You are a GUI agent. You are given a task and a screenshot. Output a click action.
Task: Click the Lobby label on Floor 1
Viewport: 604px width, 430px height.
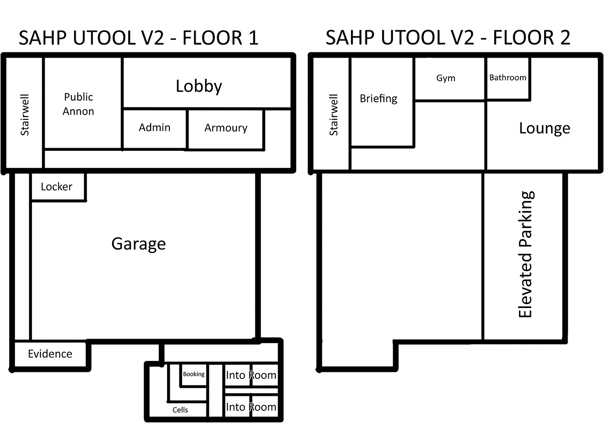pyautogui.click(x=199, y=86)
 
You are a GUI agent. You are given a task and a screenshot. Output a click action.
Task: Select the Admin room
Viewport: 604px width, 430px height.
pyautogui.click(x=155, y=128)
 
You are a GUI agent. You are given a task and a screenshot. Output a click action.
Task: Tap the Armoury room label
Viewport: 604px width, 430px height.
pyautogui.click(x=226, y=128)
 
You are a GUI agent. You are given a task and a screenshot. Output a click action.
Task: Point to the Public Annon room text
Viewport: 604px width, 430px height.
pyautogui.click(x=78, y=104)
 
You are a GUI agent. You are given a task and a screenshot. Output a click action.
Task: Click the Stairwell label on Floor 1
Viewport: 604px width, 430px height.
pyautogui.click(x=25, y=114)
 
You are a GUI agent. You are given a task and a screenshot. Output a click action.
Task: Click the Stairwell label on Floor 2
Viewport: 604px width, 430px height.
pyautogui.click(x=334, y=114)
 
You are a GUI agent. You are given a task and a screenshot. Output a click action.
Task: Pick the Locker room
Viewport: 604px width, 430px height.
pyautogui.click(x=56, y=187)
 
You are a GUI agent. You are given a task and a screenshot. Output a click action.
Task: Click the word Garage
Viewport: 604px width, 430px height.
pyautogui.click(x=138, y=244)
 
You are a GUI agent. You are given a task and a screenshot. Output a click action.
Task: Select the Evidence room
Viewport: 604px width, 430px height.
pyautogui.click(x=50, y=354)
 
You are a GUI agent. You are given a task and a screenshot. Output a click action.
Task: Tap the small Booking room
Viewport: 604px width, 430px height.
pyautogui.click(x=193, y=375)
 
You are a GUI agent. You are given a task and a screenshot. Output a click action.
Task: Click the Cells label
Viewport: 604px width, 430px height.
pyautogui.click(x=180, y=410)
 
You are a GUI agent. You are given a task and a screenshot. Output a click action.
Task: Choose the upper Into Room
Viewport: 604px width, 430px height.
pyautogui.click(x=251, y=375)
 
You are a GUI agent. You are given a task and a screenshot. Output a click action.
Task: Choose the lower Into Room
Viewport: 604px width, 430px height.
pyautogui.click(x=251, y=407)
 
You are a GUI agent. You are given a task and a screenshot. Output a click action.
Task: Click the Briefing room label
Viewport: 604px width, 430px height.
pyautogui.click(x=379, y=99)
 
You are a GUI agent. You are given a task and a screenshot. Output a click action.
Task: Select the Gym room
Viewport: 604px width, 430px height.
pyautogui.click(x=446, y=78)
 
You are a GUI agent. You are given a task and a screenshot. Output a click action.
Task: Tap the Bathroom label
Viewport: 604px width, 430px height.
pyautogui.click(x=508, y=78)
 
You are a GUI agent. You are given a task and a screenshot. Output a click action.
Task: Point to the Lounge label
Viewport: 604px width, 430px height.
pyautogui.click(x=544, y=128)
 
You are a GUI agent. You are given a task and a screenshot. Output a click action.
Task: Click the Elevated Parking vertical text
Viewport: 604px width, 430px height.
pyautogui.click(x=525, y=254)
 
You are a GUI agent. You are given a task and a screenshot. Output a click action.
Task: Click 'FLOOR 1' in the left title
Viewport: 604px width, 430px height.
pyautogui.click(x=220, y=38)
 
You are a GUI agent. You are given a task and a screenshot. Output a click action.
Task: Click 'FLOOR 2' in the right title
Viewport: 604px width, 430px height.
pyautogui.click(x=531, y=38)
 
